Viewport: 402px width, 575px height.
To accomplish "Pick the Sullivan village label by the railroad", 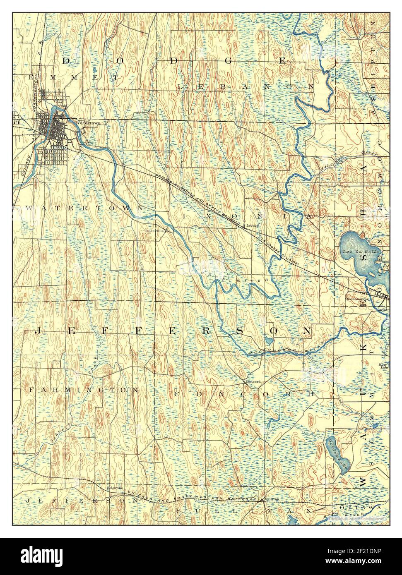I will click(x=272, y=499).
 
